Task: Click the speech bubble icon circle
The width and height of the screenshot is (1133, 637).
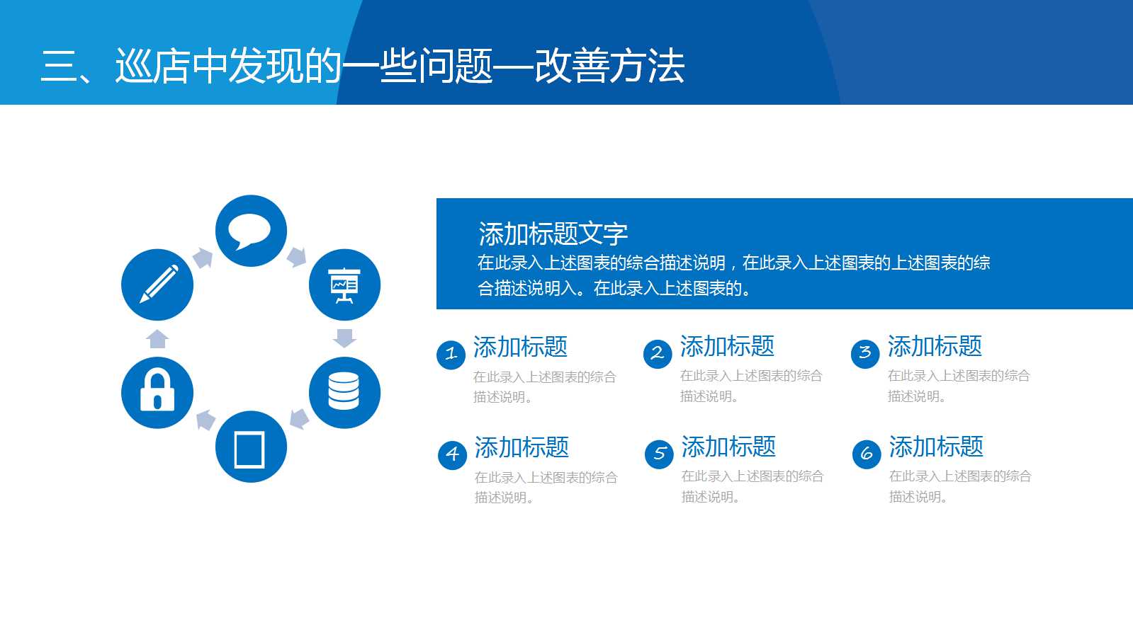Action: [x=251, y=231]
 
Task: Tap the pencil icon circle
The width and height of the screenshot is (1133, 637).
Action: [x=157, y=285]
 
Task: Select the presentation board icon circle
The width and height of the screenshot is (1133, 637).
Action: [x=344, y=285]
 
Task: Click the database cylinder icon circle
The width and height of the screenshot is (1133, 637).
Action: [x=344, y=393]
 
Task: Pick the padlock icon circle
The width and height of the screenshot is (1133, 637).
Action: [x=157, y=393]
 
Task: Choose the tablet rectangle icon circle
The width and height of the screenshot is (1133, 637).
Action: [x=251, y=447]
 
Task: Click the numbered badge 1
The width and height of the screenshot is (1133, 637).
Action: [x=451, y=354]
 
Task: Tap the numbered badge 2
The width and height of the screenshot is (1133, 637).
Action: [x=658, y=353]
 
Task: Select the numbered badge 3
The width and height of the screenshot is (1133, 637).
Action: [x=865, y=353]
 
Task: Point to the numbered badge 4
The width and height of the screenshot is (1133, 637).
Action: [x=452, y=454]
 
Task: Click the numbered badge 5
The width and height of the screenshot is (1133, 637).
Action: [x=659, y=454]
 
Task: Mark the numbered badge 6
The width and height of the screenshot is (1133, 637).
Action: [x=867, y=454]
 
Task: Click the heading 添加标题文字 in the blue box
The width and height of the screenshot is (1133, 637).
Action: [x=553, y=234]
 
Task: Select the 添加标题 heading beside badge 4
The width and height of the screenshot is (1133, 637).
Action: [x=522, y=447]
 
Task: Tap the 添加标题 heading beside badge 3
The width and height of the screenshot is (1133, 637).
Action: [x=935, y=347]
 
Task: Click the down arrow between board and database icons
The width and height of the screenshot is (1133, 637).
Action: [x=344, y=338]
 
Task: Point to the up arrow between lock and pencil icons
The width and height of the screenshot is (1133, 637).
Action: [x=157, y=339]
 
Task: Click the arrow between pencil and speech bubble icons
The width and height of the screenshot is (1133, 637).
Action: [x=203, y=258]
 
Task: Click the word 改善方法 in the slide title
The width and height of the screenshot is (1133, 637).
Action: [x=609, y=67]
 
